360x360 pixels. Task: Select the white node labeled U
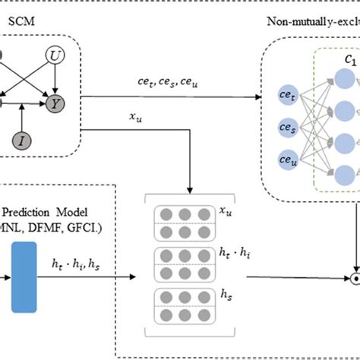[x=56, y=55]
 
